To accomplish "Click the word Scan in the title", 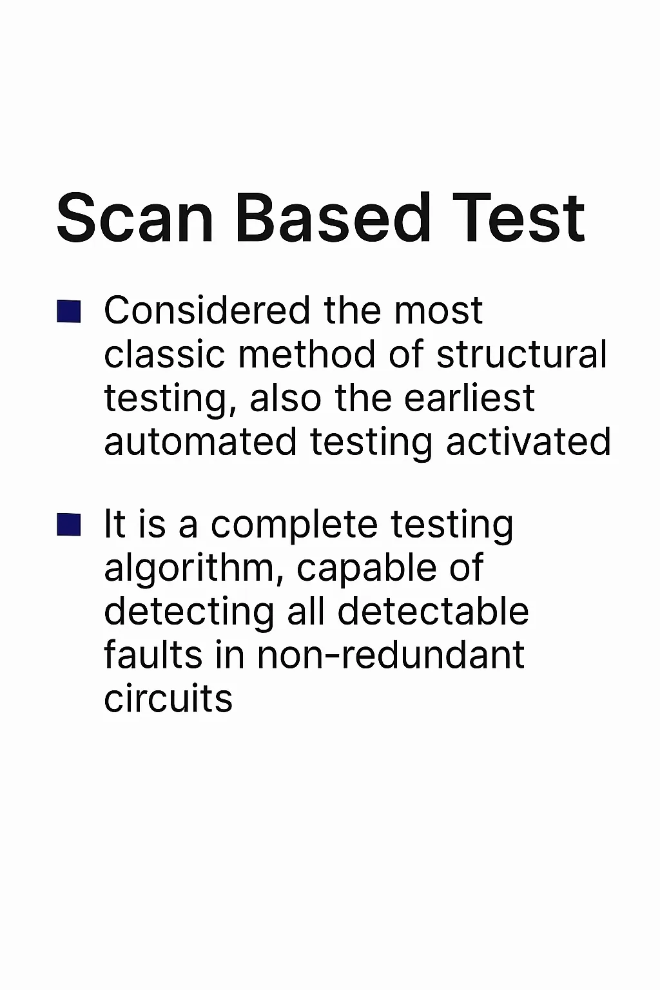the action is (135, 217).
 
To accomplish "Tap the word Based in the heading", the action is (333, 217).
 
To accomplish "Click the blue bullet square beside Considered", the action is (69, 311).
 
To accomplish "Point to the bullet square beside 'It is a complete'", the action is (69, 525).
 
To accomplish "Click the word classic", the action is (164, 354).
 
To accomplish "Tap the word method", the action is (307, 354).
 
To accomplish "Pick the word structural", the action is (521, 354).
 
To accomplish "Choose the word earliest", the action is (469, 398).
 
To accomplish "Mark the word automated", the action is (200, 442).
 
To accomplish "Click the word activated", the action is (529, 442).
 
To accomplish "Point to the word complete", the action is (294, 525).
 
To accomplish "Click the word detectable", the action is (433, 612).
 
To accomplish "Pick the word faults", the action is (153, 654).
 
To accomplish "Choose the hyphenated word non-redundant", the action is (391, 655).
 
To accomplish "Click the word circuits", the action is (168, 698).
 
